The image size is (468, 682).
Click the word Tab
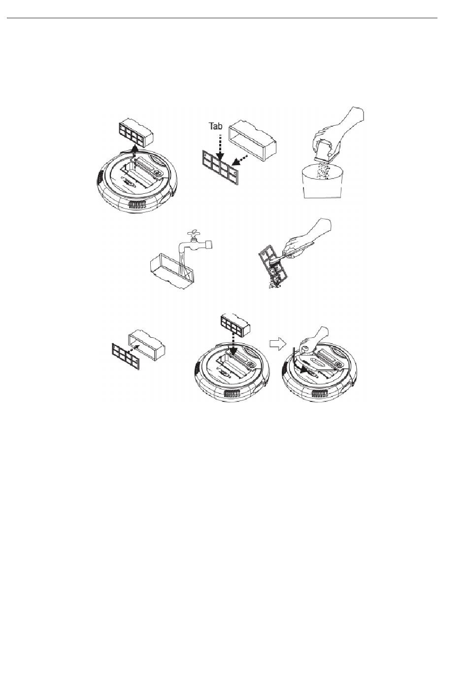coord(216,126)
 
